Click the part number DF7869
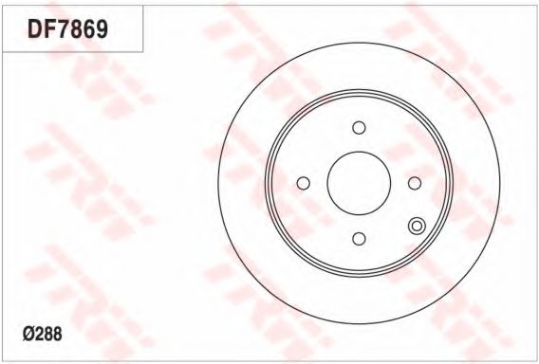click(68, 29)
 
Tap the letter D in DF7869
click(35, 29)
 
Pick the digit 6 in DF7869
click(88, 29)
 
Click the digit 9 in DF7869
click(102, 29)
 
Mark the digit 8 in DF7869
click(76, 29)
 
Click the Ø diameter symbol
click(28, 334)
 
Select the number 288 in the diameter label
click(48, 334)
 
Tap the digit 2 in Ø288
click(39, 334)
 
